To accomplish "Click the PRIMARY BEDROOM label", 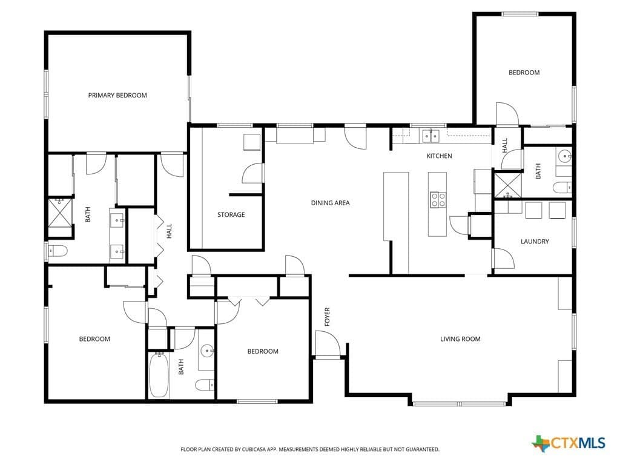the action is tap(117, 95).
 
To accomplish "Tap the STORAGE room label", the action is tap(231, 215).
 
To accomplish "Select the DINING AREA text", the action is tap(330, 203).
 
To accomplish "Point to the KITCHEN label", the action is tap(439, 156).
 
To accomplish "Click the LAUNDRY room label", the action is tap(535, 241).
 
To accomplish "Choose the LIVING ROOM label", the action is tap(460, 339).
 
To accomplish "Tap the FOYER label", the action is tap(327, 317).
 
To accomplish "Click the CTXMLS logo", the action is tap(569, 443).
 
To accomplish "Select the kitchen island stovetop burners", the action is tap(438, 200).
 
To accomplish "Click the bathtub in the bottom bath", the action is tap(159, 375).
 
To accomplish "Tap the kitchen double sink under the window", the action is tap(430, 136).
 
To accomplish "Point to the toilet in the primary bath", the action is tap(58, 251).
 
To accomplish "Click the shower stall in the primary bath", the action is tap(60, 213).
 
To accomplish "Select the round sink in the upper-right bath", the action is tap(564, 157).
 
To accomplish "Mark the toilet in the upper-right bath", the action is tap(562, 188).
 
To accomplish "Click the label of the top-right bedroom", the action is tap(524, 73).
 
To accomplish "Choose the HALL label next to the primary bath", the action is tap(170, 231).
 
